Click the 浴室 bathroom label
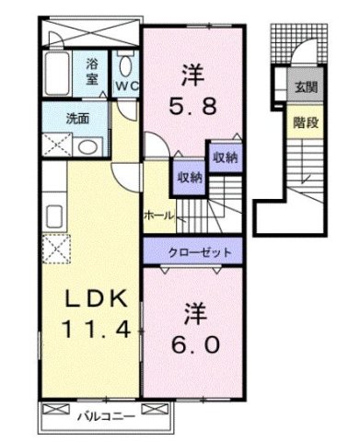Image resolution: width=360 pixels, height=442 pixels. point(93,71)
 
